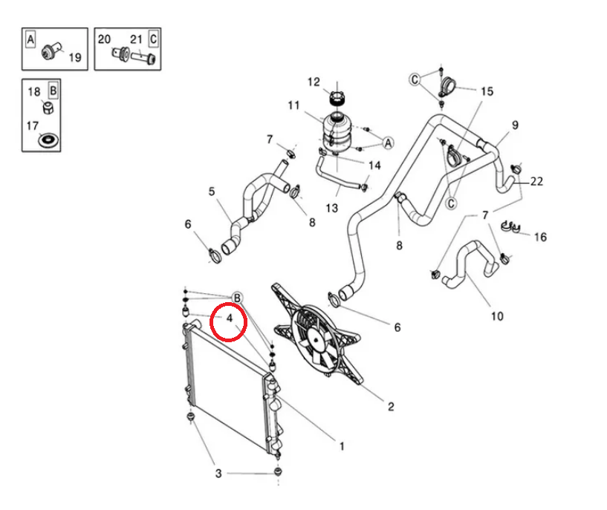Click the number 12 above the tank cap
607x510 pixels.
pyautogui.click(x=314, y=82)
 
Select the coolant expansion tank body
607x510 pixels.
pyautogui.click(x=336, y=131)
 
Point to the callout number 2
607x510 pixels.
pyautogui.click(x=391, y=406)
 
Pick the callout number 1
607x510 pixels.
pyautogui.click(x=341, y=447)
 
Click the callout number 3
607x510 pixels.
pyautogui.click(x=218, y=473)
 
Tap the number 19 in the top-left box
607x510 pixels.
pyautogui.click(x=74, y=56)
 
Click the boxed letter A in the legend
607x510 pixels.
pyautogui.click(x=30, y=39)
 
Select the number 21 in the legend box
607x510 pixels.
pyautogui.click(x=136, y=39)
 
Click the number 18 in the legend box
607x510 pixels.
pyautogui.click(x=34, y=92)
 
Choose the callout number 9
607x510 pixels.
pyautogui.click(x=514, y=124)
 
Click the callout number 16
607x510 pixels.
pyautogui.click(x=540, y=237)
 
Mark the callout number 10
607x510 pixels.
pyautogui.click(x=497, y=316)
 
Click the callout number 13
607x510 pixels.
pyautogui.click(x=332, y=208)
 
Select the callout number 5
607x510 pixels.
pyautogui.click(x=212, y=192)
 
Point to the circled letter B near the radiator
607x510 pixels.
pyautogui.click(x=237, y=298)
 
